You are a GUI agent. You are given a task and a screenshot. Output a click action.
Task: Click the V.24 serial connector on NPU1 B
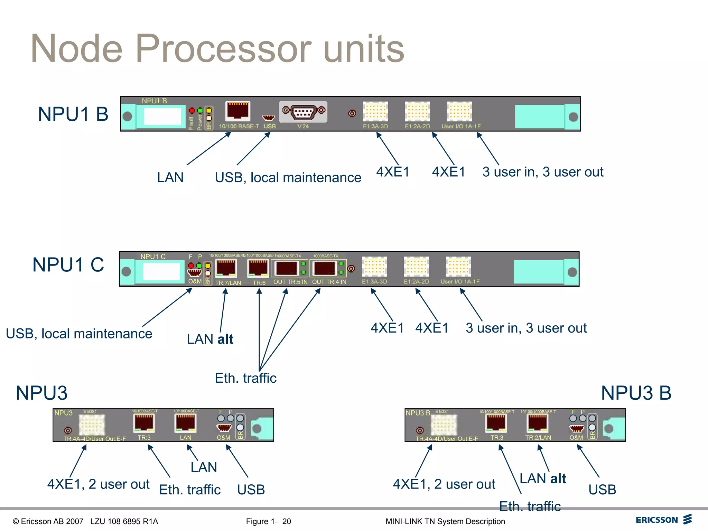(303, 112)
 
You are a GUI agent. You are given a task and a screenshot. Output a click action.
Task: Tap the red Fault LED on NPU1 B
(192, 111)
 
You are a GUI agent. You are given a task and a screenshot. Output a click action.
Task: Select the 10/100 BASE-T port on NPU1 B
(237, 111)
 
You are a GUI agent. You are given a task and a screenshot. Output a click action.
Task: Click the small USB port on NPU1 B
(269, 118)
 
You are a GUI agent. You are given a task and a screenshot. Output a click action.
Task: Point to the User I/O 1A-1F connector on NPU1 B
(459, 112)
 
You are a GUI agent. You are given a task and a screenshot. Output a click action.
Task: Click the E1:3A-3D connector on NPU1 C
(374, 267)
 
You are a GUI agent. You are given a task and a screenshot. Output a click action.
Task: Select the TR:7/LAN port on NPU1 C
(226, 268)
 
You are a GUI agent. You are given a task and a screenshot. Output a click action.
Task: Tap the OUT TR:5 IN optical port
(286, 268)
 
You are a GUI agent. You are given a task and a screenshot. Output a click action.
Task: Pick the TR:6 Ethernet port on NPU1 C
(258, 268)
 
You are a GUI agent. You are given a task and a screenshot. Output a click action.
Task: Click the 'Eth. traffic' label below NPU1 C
(245, 378)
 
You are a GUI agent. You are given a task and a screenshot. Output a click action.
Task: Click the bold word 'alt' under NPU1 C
(225, 339)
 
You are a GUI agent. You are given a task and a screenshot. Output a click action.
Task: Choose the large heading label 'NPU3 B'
(636, 393)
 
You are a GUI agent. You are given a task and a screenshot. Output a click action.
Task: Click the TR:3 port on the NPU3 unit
(144, 423)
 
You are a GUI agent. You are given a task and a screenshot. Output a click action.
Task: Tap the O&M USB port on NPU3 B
(576, 429)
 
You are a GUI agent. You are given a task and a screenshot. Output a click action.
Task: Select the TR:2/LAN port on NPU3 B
(537, 423)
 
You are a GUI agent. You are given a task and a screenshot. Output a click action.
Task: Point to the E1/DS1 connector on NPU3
(92, 425)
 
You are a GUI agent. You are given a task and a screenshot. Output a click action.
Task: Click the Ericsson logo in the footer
(663, 520)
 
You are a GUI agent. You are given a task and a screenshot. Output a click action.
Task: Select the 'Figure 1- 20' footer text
(268, 521)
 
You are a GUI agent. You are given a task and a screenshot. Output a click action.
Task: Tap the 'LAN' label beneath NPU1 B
(170, 177)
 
